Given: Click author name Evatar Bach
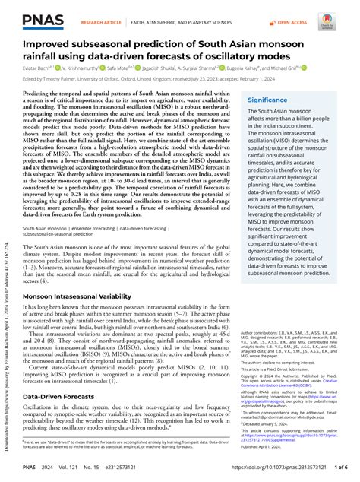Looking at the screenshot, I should click(39, 68).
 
